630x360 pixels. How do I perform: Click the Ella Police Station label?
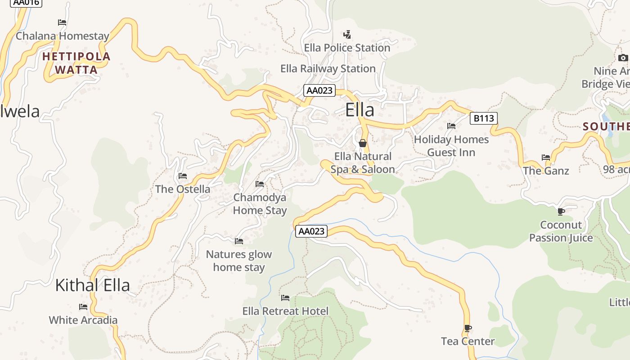(347, 48)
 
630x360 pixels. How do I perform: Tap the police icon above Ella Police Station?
(347, 34)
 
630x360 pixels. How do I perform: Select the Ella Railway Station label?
(328, 69)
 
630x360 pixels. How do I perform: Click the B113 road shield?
(484, 118)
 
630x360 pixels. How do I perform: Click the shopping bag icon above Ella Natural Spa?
(363, 143)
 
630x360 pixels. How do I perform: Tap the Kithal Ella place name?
(92, 285)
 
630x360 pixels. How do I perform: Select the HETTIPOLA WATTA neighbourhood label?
(76, 63)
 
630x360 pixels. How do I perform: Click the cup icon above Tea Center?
(468, 328)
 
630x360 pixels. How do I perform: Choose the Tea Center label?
(468, 341)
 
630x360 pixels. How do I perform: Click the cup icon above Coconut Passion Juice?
(561, 211)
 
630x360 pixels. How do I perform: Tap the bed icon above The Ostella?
(183, 176)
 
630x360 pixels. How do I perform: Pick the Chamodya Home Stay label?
(260, 204)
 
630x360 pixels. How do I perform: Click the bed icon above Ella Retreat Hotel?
(285, 298)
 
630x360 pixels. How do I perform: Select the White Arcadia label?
(83, 320)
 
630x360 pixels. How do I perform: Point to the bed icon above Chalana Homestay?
(62, 22)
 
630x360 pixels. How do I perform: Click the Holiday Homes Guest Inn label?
(451, 146)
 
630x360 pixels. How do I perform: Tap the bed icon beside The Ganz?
(546, 157)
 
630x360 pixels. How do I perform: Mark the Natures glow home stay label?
(239, 261)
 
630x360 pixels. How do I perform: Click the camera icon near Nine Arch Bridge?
(623, 58)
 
